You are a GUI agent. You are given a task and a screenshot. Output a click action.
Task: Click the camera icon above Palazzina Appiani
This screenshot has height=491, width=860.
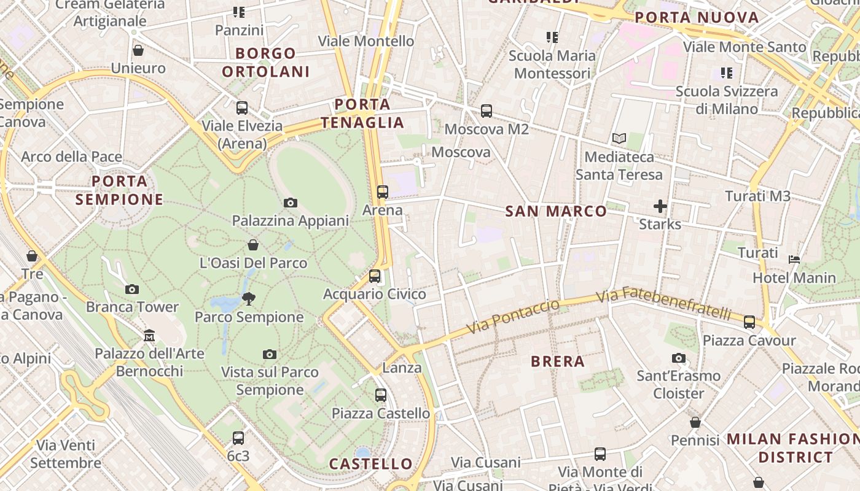pos(291,203)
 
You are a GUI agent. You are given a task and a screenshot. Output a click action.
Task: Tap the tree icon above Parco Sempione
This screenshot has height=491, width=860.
pos(249,299)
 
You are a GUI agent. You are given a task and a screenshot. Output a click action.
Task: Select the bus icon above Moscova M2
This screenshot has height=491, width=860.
pos(487,111)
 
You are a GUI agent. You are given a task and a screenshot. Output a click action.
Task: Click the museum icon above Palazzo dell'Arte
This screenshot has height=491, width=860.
pos(149,336)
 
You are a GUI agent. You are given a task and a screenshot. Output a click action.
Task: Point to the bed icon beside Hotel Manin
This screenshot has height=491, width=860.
pos(794,260)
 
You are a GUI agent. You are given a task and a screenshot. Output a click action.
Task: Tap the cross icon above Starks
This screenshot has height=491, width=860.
pos(660,206)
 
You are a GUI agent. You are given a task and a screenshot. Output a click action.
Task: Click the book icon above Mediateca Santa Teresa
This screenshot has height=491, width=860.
pos(619,139)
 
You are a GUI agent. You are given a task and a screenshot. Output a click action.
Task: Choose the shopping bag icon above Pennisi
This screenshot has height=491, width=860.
pos(695,422)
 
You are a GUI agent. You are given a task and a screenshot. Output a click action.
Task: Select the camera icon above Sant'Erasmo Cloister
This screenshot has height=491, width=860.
pos(679,358)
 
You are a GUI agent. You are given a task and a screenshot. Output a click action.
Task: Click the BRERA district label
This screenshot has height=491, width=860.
pos(558,361)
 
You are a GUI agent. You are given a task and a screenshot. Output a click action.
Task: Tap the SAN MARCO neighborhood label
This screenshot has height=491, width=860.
pos(556,212)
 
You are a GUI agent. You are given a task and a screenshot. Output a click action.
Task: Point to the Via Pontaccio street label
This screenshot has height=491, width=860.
pos(514,317)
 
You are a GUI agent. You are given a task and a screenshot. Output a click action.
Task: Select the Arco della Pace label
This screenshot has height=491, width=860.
pos(72,157)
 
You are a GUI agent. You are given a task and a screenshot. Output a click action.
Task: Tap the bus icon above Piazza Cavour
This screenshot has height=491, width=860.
pos(749,322)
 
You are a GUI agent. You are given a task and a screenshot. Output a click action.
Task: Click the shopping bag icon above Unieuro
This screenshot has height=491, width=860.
pos(138,50)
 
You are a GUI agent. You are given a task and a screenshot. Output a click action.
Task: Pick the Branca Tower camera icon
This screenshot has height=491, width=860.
pos(132,289)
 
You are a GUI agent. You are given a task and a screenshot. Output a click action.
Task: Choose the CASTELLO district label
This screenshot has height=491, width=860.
pos(371,464)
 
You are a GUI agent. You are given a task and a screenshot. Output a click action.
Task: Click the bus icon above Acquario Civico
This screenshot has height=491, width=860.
pos(375,276)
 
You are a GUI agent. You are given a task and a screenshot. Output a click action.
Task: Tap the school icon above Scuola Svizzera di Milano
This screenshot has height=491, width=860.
pos(727,74)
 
